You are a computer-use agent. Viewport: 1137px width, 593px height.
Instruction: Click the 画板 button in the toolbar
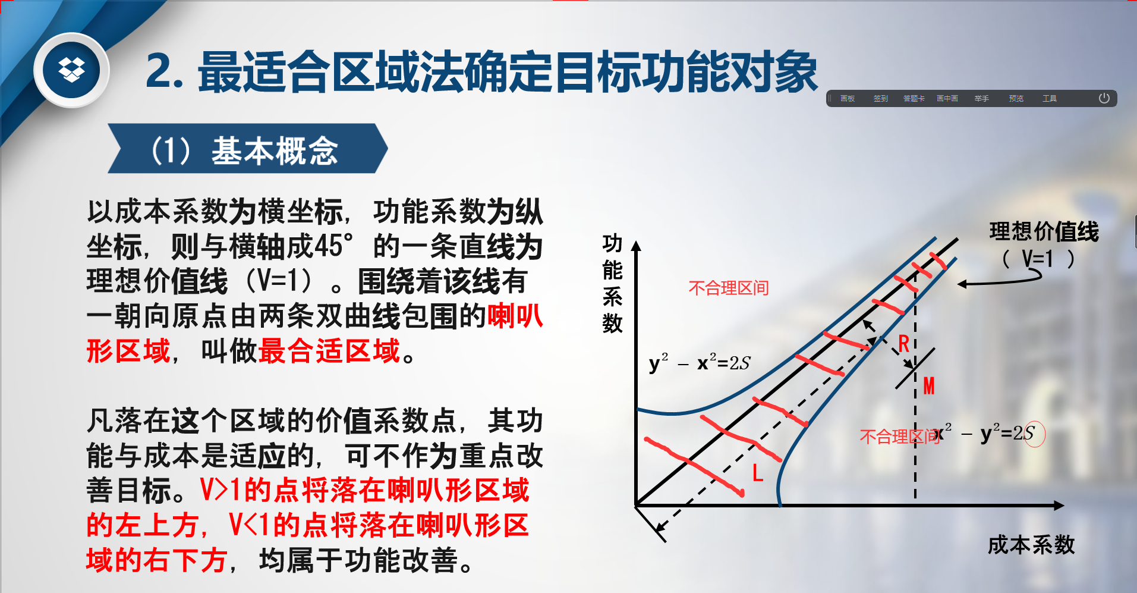click(848, 99)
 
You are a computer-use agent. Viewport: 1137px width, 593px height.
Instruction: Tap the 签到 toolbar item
click(881, 99)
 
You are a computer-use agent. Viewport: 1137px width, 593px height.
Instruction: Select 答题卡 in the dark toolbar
click(914, 99)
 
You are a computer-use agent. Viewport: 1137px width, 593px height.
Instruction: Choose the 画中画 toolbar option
click(947, 99)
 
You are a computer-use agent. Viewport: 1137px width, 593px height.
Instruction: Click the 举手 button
click(982, 99)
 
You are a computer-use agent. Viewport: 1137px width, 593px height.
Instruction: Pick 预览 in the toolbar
click(1016, 99)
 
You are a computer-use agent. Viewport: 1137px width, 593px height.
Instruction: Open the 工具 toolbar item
click(1050, 99)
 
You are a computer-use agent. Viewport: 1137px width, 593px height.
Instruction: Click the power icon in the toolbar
click(1104, 98)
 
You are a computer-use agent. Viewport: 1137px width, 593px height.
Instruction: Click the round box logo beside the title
click(71, 70)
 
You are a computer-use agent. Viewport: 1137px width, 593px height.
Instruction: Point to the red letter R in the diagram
click(904, 344)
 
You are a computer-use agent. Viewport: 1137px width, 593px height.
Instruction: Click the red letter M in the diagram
click(929, 386)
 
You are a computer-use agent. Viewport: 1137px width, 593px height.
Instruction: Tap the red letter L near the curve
click(758, 473)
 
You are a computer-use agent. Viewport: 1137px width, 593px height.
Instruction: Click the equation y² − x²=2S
click(700, 362)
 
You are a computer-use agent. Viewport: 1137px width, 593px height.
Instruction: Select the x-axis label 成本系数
click(1032, 545)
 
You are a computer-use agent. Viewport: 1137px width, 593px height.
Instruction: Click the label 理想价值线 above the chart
click(1044, 231)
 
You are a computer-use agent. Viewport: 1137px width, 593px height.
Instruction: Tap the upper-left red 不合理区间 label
click(729, 288)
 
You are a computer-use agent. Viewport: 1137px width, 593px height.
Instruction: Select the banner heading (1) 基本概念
click(245, 150)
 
